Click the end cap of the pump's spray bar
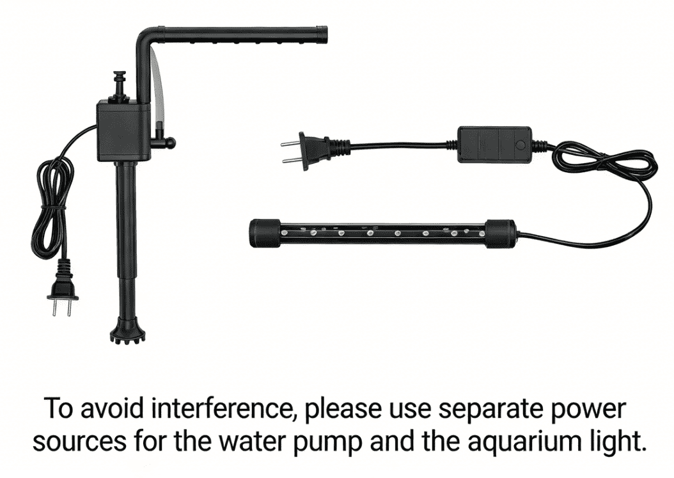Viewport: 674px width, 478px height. click(322, 35)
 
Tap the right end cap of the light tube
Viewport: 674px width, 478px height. click(500, 234)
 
